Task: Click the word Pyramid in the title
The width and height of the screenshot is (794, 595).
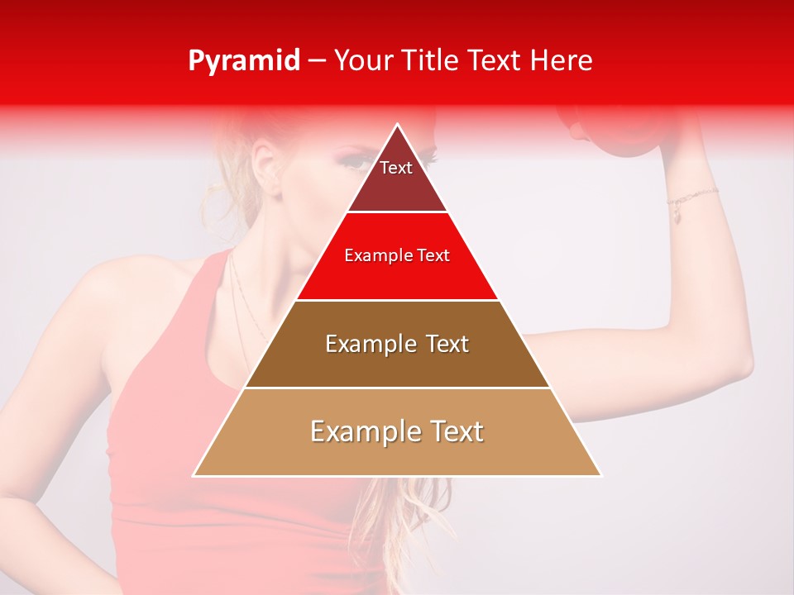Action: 243,61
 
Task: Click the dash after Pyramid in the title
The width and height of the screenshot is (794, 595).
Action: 317,61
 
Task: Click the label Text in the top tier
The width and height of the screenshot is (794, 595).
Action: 396,168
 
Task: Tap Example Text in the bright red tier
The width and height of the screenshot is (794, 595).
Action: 397,255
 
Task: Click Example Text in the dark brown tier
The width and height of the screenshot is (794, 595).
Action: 397,344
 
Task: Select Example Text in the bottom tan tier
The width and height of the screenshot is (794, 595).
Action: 397,431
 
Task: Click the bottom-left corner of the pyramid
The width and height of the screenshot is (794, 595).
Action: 194,475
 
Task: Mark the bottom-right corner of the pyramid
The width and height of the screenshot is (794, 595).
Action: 600,475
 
